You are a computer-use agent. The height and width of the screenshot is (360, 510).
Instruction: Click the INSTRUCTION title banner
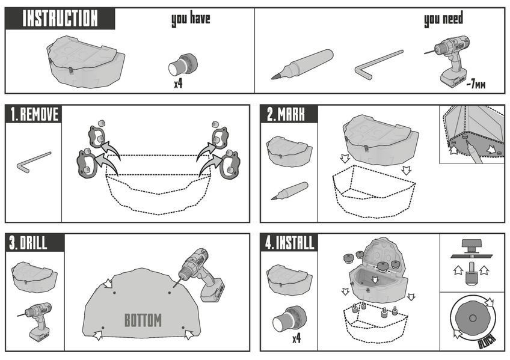click(x=60, y=18)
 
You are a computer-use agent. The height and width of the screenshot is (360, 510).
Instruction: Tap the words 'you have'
click(x=191, y=19)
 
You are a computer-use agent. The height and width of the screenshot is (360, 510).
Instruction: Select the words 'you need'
click(x=443, y=19)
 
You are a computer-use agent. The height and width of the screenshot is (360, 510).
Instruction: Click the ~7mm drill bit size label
click(x=476, y=85)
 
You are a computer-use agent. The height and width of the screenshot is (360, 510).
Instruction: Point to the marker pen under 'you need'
click(x=302, y=64)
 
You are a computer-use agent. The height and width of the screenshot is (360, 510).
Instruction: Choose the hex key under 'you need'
click(x=379, y=64)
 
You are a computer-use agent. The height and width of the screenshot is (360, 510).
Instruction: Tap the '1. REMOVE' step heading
click(x=34, y=114)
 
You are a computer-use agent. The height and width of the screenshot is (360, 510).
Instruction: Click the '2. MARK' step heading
click(x=286, y=114)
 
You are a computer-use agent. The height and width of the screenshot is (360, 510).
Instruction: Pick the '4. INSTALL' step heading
click(x=289, y=243)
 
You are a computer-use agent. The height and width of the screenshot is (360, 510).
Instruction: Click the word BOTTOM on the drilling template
click(x=143, y=320)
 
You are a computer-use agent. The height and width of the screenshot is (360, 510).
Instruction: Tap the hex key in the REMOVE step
click(x=34, y=162)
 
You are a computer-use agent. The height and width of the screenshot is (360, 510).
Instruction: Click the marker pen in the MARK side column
click(x=289, y=191)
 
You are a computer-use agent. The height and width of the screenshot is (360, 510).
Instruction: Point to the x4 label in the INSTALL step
click(x=296, y=339)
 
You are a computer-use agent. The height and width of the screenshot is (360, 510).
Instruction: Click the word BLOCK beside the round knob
click(x=487, y=341)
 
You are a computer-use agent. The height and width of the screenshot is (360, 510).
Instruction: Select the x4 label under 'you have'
click(x=178, y=84)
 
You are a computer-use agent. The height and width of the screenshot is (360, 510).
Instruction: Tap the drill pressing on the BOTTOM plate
click(x=200, y=275)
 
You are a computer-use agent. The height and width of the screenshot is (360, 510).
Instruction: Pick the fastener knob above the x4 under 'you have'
click(x=183, y=64)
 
